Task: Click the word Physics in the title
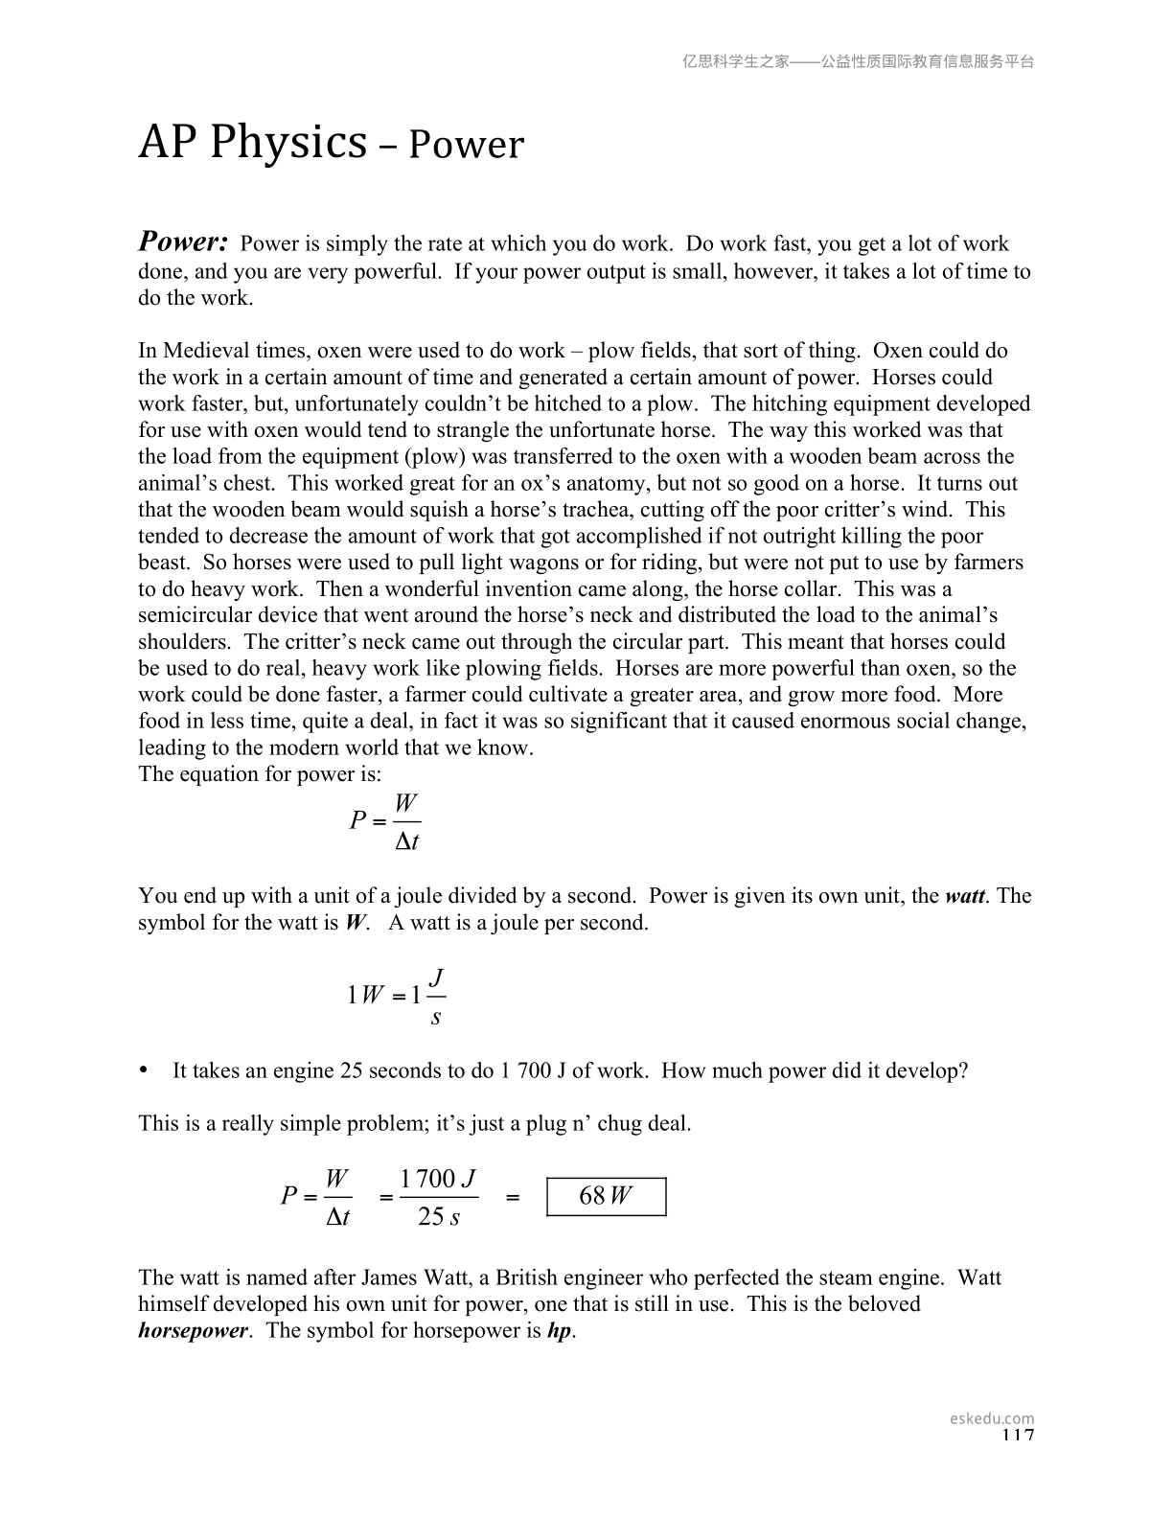[x=288, y=143]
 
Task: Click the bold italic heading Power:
[x=183, y=241]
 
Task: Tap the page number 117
[x=1018, y=1435]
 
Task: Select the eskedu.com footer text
[x=992, y=1418]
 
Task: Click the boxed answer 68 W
[x=606, y=1196]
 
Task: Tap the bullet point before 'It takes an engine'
[x=146, y=1069]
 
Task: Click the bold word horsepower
[x=193, y=1331]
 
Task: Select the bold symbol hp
[x=559, y=1331]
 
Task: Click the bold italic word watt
[x=966, y=896]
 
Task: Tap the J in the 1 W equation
[x=436, y=977]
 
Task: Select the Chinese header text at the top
[x=858, y=61]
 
